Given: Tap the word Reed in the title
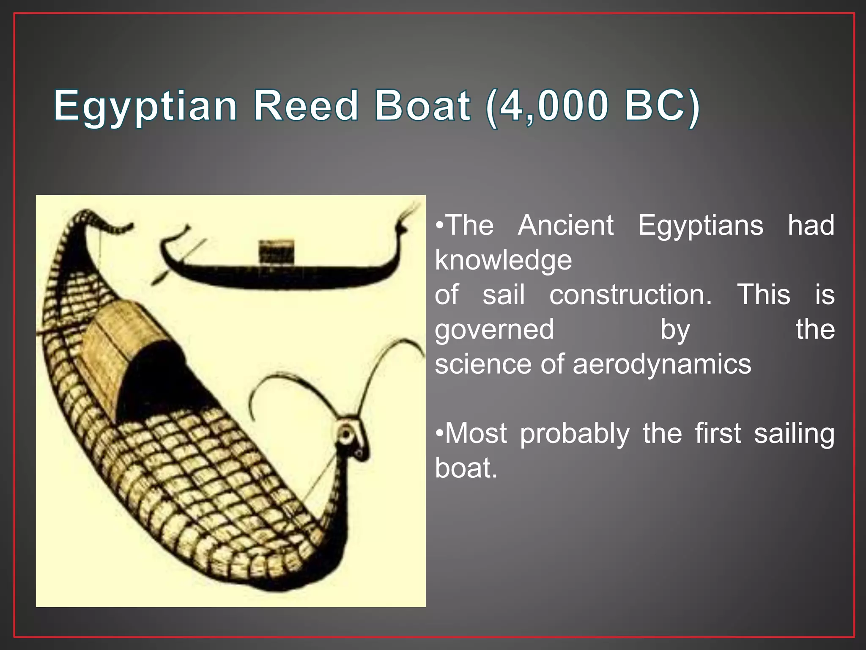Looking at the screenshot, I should (x=306, y=106).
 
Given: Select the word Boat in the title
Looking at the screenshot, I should (x=422, y=106).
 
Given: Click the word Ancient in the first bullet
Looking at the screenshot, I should (x=566, y=225).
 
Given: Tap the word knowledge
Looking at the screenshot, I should (x=503, y=260).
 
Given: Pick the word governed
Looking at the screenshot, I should (x=494, y=330).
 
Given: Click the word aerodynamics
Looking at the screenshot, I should (x=662, y=364).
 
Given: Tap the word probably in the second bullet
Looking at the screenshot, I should (x=575, y=434).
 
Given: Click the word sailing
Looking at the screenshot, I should (x=794, y=434).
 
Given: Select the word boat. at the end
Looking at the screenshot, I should (x=466, y=468).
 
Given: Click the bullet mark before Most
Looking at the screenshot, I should (x=440, y=434).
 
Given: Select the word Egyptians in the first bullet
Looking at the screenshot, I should (x=700, y=225).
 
